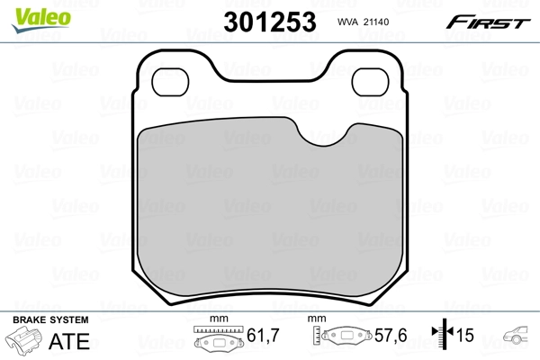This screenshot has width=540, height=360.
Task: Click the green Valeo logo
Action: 41,20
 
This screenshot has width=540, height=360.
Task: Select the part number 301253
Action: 270,22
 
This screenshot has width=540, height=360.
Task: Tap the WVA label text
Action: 348,22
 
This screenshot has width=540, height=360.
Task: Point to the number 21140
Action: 376,22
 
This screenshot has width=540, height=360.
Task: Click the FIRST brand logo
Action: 488,22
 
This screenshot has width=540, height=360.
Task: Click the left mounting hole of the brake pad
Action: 170,82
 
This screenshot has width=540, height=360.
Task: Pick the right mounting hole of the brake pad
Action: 370,82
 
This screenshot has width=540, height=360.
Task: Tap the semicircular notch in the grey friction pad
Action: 324,135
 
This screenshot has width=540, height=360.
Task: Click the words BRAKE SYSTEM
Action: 50,319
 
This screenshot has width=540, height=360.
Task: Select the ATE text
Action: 69,341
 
